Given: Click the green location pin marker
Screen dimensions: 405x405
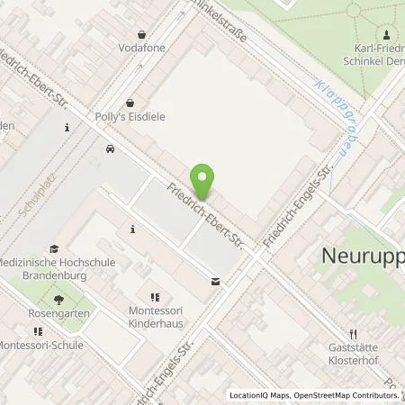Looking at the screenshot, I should point(204,183).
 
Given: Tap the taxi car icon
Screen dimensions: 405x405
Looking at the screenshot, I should point(110,149).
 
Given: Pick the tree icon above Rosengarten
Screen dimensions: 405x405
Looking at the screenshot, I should point(59,299).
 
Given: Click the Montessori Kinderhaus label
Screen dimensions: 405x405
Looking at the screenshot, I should point(155,314).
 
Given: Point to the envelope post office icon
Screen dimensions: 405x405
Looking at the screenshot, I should point(215,282).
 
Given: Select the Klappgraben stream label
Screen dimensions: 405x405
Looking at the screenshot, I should point(334,113).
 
